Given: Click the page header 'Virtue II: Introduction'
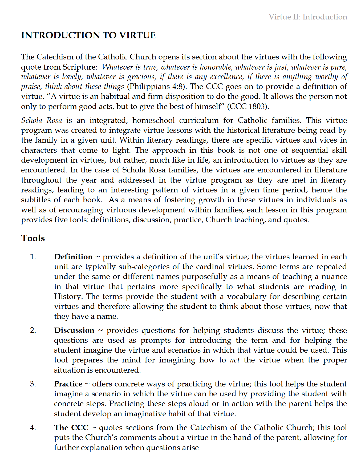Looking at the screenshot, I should click(308, 17).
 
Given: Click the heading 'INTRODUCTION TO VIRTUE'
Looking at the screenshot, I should click(88, 35).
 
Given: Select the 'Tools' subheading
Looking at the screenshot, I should click(33, 238).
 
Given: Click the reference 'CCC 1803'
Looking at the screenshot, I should click(248, 106).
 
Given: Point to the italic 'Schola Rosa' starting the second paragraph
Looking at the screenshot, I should click(42, 120).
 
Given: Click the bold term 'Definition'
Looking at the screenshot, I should click(73, 257).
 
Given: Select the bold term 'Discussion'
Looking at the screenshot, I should click(74, 330).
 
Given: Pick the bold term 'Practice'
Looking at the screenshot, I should click(68, 384).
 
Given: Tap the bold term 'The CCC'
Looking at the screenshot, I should click(71, 427).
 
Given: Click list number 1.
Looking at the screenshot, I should click(33, 257).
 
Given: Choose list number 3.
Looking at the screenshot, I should click(33, 384).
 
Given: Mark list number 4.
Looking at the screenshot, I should click(33, 427).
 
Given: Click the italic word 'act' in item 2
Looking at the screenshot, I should click(235, 360).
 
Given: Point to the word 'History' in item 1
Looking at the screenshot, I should click(68, 296).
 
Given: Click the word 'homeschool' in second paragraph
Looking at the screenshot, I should click(153, 120).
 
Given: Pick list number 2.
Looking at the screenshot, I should click(33, 330).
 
